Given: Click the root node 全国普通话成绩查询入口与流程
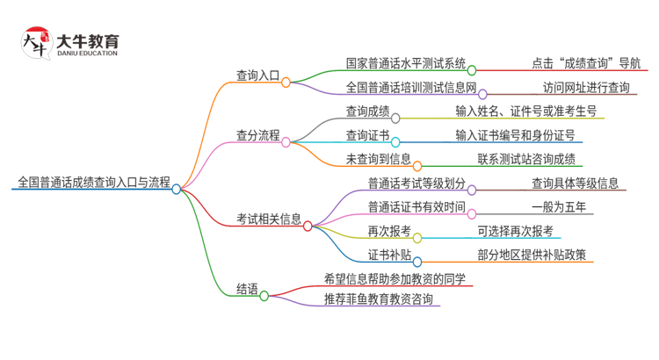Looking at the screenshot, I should (x=94, y=183).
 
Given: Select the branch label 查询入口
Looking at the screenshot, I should (x=257, y=76).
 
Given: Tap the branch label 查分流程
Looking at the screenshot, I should (x=257, y=135).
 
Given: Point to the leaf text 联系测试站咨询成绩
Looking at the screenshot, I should (x=526, y=159).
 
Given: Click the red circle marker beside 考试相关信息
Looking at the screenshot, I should (x=308, y=226).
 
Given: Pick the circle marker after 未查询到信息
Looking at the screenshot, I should (x=417, y=164).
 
